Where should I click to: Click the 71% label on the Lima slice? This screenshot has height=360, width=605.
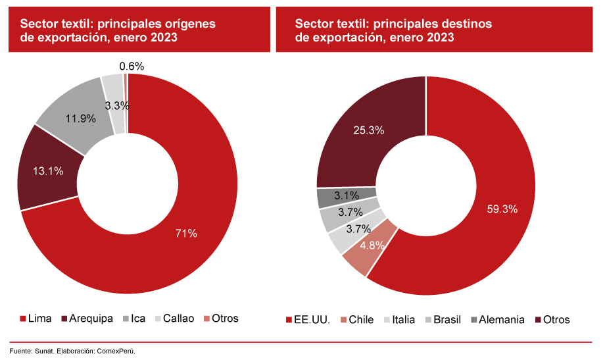pos(186,233)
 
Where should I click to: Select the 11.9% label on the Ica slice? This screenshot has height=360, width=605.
pos(81,119)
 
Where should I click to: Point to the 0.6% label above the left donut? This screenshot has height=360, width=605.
pos(132,66)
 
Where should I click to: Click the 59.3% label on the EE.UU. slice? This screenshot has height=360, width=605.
pos(501,209)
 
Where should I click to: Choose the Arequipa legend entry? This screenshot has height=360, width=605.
pos(87,319)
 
